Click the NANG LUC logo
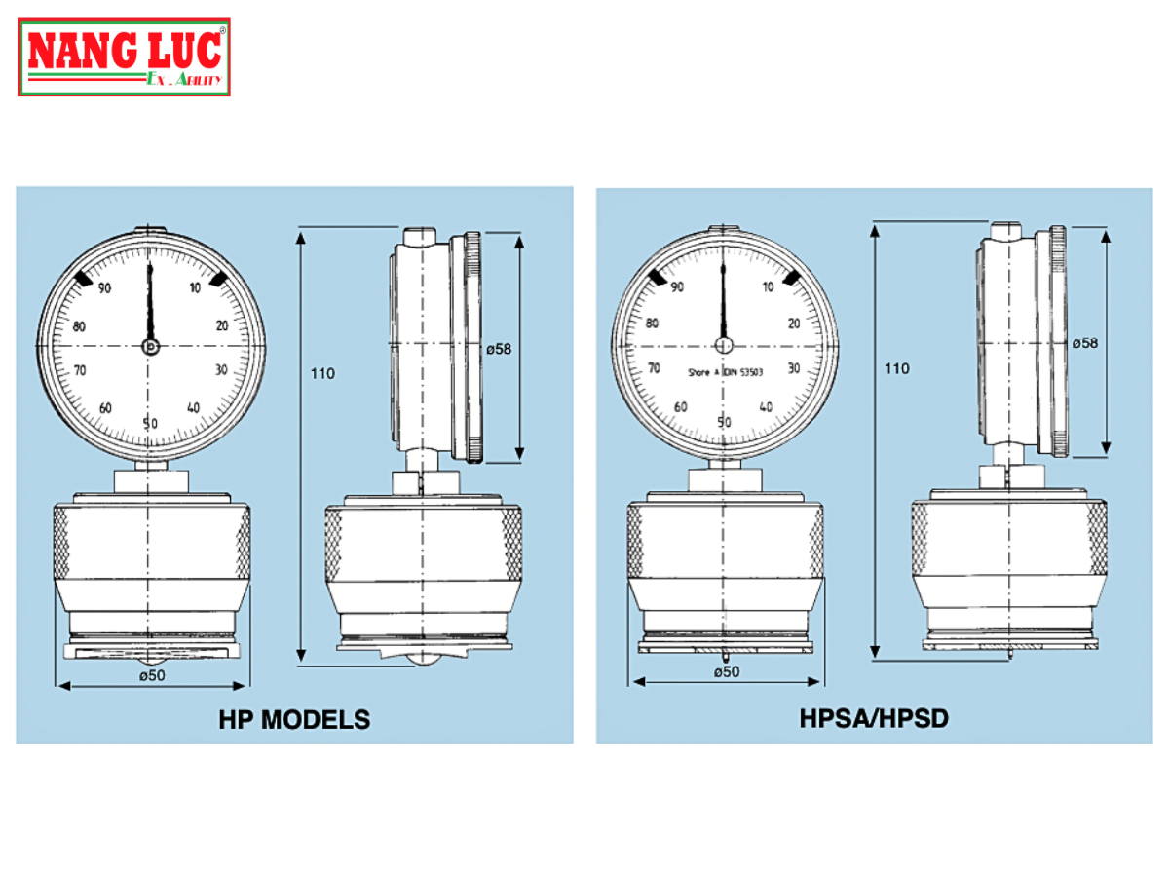click(124, 57)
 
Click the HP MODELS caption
click(294, 720)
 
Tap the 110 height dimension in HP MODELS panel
click(322, 373)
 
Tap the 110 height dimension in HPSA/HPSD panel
click(896, 368)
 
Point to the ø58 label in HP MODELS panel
click(499, 349)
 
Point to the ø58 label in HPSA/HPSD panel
click(1085, 343)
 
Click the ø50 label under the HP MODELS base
click(151, 674)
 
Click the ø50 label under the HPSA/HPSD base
click(726, 671)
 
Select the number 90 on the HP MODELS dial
click(103, 287)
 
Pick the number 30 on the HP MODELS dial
click(222, 369)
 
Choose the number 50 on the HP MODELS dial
click(150, 423)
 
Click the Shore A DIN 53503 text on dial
click(724, 372)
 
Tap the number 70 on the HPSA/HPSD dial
click(654, 367)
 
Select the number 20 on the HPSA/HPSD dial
click(794, 324)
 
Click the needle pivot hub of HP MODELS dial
click(151, 346)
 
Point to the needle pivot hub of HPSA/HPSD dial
click(724, 345)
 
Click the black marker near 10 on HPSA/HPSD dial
click(791, 279)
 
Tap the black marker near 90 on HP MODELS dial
click(84, 279)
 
